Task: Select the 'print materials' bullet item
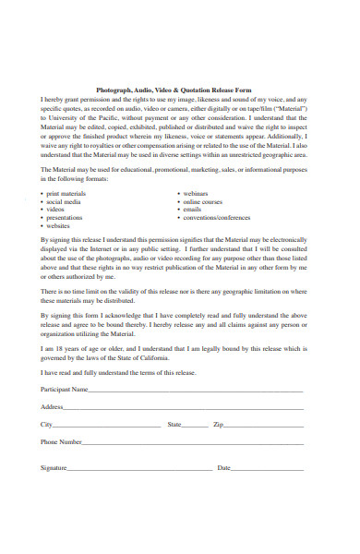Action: coord(67,193)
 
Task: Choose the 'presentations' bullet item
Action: coord(67,218)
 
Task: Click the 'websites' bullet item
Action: coord(59,226)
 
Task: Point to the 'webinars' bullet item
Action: coord(198,193)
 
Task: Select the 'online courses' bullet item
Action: coord(204,201)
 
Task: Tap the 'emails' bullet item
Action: coord(193,210)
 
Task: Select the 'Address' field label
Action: coord(52,407)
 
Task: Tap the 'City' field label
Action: coord(46,425)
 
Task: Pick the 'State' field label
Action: coord(174,425)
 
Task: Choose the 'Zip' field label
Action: coord(218,425)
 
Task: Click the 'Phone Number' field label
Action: coord(61,442)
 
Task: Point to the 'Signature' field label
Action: coord(54,468)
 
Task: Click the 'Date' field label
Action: coord(223,468)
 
